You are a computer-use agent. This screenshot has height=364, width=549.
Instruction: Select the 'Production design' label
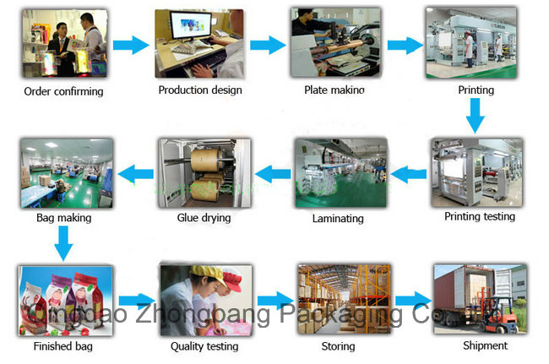point(200,90)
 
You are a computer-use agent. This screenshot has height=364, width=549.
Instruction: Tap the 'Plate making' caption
point(335,90)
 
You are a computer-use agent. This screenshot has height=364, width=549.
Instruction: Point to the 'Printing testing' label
point(479,216)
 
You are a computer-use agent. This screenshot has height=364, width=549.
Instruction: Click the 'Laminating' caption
point(338,218)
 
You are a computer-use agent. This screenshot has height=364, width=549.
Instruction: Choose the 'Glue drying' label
point(204,218)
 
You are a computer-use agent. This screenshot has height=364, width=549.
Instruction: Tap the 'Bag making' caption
point(63,218)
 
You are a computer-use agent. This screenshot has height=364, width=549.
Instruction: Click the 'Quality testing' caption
point(204,346)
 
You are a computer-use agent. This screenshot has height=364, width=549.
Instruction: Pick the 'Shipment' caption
point(485,345)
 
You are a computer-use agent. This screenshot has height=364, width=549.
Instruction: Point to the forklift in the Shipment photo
point(502,317)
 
